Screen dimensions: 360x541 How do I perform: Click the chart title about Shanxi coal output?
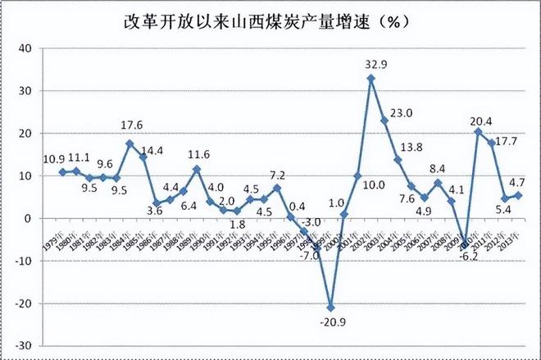click(x=271, y=19)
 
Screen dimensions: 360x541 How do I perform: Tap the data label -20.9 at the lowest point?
click(x=330, y=322)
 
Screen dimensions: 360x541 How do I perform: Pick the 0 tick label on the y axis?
click(x=27, y=219)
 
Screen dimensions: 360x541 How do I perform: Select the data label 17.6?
click(x=131, y=126)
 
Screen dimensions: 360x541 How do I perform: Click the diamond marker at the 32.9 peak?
click(x=371, y=79)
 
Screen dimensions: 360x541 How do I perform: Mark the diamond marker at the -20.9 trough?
click(x=330, y=307)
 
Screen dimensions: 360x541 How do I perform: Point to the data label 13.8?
click(x=412, y=148)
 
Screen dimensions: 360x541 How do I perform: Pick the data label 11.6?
click(x=198, y=153)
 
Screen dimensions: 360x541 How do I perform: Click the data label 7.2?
click(x=277, y=175)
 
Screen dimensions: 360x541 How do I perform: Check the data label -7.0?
click(x=308, y=256)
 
